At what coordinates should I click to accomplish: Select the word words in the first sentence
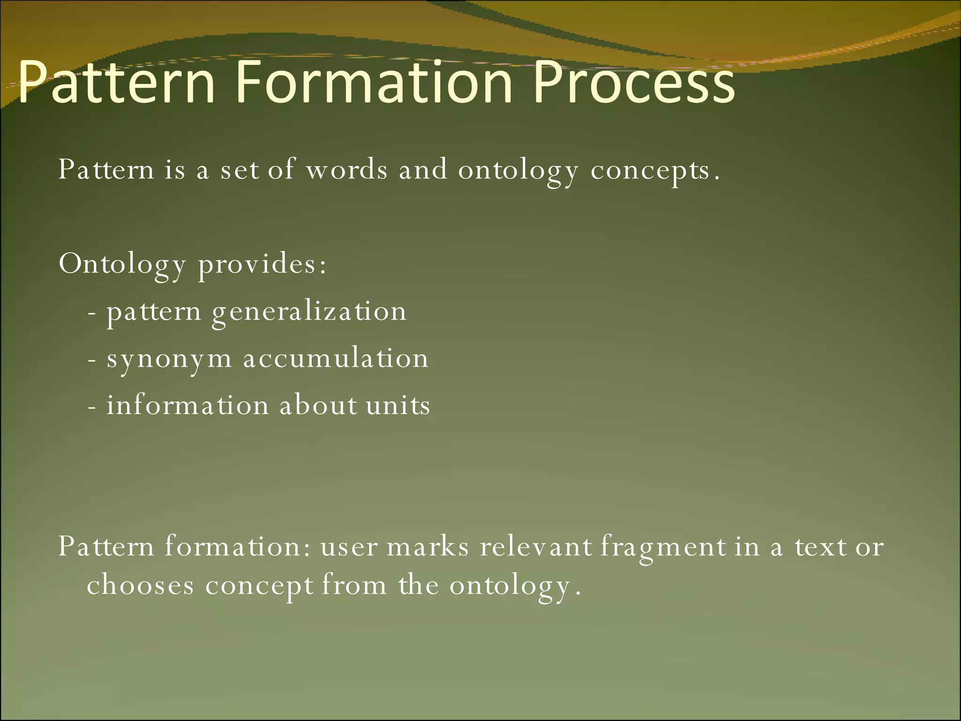click(x=347, y=169)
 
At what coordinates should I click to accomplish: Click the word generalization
click(x=309, y=312)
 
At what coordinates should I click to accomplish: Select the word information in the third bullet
click(x=188, y=405)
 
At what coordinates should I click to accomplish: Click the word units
click(x=398, y=405)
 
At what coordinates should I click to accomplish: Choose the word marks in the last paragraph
click(x=427, y=547)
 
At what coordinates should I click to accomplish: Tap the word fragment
click(x=663, y=548)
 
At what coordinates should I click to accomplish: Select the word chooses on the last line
click(x=140, y=585)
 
